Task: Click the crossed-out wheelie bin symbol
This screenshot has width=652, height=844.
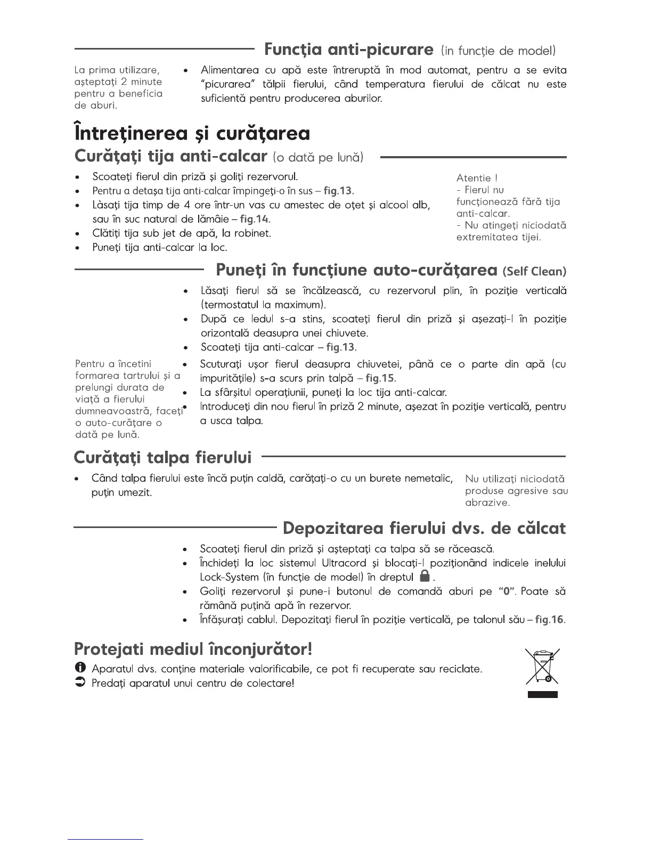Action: pyautogui.click(x=542, y=666)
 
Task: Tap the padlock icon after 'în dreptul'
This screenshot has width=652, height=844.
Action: pyautogui.click(x=425, y=576)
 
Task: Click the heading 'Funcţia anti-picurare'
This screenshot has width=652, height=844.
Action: pyautogui.click(x=348, y=50)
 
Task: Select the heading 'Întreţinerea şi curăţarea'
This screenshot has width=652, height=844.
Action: pyautogui.click(x=191, y=133)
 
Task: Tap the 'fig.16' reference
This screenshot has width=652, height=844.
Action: pyautogui.click(x=550, y=620)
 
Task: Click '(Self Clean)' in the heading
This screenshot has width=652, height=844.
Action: pyautogui.click(x=534, y=271)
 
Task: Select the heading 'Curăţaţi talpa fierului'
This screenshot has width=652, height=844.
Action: pyautogui.click(x=162, y=458)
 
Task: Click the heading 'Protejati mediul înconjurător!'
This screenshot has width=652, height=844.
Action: pyautogui.click(x=193, y=649)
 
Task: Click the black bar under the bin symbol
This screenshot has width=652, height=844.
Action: pyautogui.click(x=542, y=694)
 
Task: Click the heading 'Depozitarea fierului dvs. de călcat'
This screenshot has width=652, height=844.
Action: pyautogui.click(x=424, y=528)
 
